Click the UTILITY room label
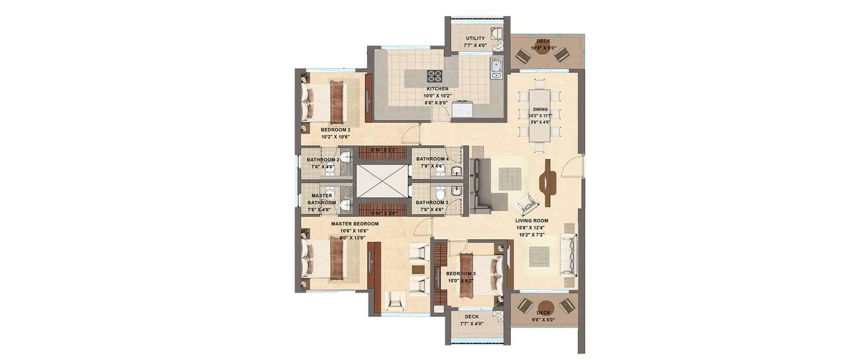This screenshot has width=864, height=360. pos(475,39)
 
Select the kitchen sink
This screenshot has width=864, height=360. pos(497,68)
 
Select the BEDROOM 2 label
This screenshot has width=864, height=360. pos(335,130)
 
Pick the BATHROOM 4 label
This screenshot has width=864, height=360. pos(432,159)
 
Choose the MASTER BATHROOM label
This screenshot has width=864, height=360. pos(321,199)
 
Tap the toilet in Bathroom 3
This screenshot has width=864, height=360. pos(439,191)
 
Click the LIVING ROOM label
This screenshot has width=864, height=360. pos(531,221)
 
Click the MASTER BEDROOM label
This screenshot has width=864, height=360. pos(354,223)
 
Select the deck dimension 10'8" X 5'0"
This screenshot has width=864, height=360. pos(543,48)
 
